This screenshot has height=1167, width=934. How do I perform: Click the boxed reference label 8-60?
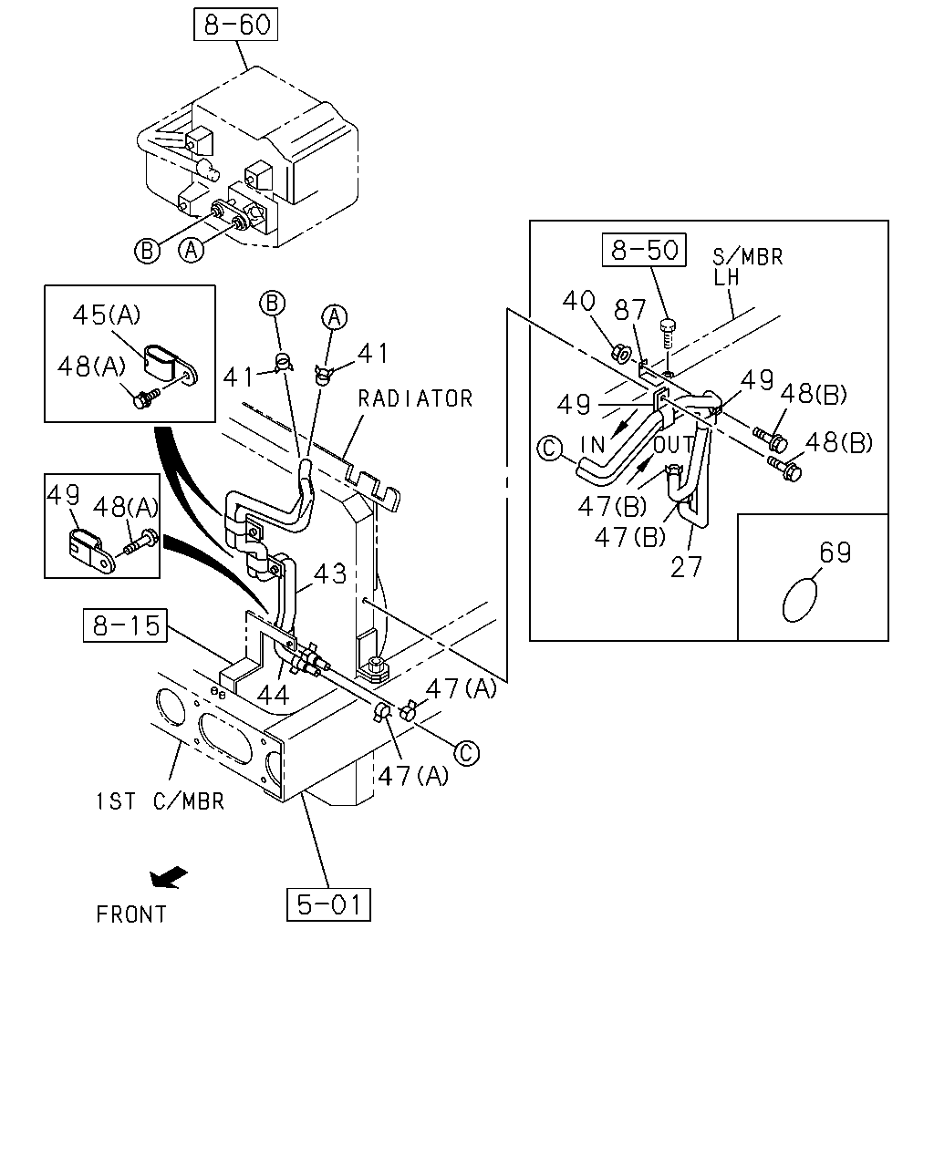coord(235,25)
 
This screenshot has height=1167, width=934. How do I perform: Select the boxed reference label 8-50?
coord(644,250)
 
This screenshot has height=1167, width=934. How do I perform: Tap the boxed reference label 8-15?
coord(125,625)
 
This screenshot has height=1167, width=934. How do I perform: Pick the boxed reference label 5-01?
coord(328,904)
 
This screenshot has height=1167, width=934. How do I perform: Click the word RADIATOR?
coord(415,399)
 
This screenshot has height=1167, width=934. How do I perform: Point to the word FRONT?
coord(131,914)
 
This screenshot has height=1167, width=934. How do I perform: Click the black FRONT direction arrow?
coord(168,877)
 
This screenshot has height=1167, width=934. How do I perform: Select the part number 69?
coord(835,553)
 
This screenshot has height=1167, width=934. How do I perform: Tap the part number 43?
coord(329,573)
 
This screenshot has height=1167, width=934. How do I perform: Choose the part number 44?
coord(273,695)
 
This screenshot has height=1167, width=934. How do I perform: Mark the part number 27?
coord(686,568)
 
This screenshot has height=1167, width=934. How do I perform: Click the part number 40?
coord(578,301)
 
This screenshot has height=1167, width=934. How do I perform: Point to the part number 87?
coord(629,310)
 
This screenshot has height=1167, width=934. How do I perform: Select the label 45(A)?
coord(107,315)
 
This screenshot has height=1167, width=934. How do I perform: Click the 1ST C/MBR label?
coord(161,801)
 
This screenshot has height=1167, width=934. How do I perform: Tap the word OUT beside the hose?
coord(673,445)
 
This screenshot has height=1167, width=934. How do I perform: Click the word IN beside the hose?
coord(593,445)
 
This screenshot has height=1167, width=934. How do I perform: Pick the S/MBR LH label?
coord(747,267)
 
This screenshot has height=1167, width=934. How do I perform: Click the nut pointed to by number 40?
coord(621,354)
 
